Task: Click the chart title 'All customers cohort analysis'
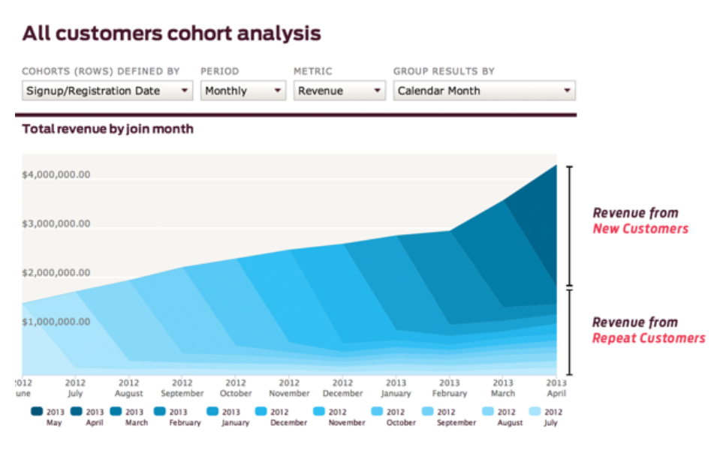pyautogui.click(x=171, y=34)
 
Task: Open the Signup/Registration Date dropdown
pyautogui.click(x=107, y=91)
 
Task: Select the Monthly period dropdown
pyautogui.click(x=243, y=91)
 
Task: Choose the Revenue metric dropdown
pyautogui.click(x=339, y=91)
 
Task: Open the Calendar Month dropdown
pyautogui.click(x=483, y=91)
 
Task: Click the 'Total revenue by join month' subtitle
pyautogui.click(x=107, y=129)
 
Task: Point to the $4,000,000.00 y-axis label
pyautogui.click(x=56, y=175)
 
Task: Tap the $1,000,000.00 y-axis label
pyautogui.click(x=56, y=322)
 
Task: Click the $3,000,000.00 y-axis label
pyautogui.click(x=56, y=223)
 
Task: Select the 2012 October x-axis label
pyautogui.click(x=236, y=388)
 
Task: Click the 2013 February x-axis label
pyautogui.click(x=449, y=388)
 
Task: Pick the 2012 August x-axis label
pyautogui.click(x=129, y=388)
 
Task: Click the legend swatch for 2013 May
pyautogui.click(x=37, y=412)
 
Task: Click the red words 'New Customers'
pyautogui.click(x=640, y=229)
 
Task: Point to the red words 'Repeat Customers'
pyautogui.click(x=649, y=338)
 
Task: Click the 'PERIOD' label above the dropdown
pyautogui.click(x=219, y=71)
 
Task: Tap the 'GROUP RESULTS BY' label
pyautogui.click(x=444, y=71)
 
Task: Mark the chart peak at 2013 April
pyautogui.click(x=556, y=165)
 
